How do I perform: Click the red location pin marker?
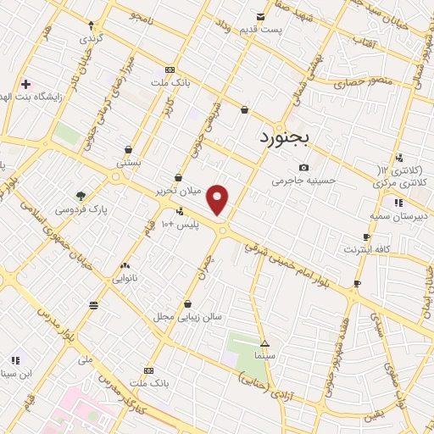[218, 199]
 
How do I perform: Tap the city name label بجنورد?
[285, 136]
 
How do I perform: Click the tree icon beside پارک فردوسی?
[81, 196]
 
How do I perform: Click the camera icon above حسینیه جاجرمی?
[303, 167]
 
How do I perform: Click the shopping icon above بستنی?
[128, 149]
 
